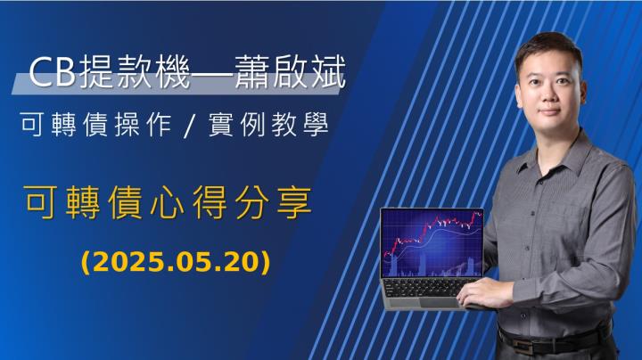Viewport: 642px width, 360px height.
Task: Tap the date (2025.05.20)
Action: (x=175, y=263)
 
